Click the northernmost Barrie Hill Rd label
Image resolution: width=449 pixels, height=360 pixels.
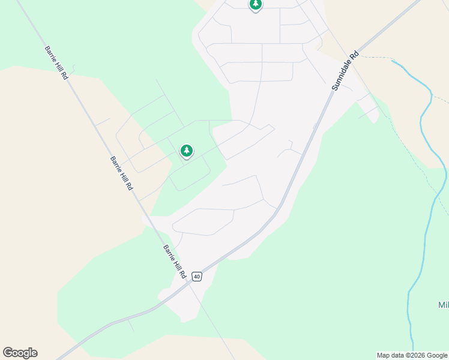[57, 62]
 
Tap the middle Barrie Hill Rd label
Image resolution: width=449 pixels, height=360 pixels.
[121, 173]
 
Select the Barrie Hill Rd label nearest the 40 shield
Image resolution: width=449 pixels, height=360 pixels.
[175, 261]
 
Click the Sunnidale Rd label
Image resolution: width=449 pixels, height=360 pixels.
[345, 70]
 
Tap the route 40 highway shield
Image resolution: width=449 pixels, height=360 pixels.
[197, 277]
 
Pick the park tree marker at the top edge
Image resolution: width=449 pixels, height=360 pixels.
[256, 5]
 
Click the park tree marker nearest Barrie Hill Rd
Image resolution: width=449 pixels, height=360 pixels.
[187, 151]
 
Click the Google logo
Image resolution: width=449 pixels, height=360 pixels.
[20, 353]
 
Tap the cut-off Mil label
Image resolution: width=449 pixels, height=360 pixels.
[443, 305]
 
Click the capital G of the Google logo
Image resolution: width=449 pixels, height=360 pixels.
[8, 353]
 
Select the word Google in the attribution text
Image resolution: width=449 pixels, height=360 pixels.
[438, 355]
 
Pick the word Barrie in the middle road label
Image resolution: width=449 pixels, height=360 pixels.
[116, 164]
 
